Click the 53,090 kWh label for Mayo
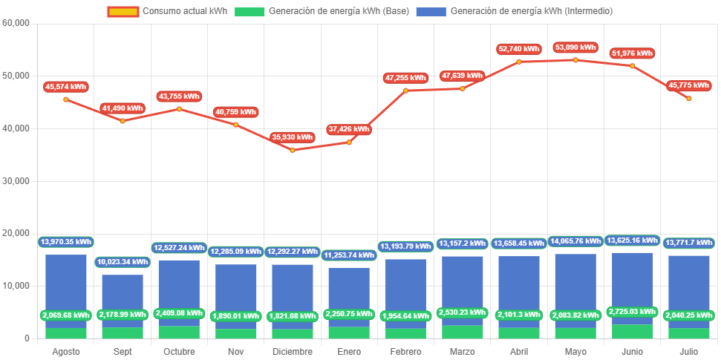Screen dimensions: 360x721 pos(575,48)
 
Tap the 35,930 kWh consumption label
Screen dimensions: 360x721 pos(293,137)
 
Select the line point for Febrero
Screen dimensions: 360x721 pos(405,91)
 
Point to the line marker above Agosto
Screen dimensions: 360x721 pos(65,99)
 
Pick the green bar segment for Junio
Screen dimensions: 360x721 pos(632,331)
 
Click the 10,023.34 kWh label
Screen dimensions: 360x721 pos(123,262)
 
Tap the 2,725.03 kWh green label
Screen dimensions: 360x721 pos(632,312)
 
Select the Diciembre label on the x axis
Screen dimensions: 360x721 pos(293,351)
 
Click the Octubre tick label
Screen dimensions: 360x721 pos(179,351)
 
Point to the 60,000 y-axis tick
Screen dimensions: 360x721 pos(16,23)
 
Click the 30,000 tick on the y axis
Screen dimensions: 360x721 pos(16,181)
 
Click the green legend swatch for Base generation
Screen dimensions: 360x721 pos(249,12)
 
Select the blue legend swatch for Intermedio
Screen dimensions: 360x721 pos(431,12)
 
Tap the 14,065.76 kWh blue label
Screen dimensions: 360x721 pos(575,241)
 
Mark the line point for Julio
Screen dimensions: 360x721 pos(688,98)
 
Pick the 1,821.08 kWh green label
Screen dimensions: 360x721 pos(293,315)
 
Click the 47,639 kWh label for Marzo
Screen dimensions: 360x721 pos(462,76)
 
